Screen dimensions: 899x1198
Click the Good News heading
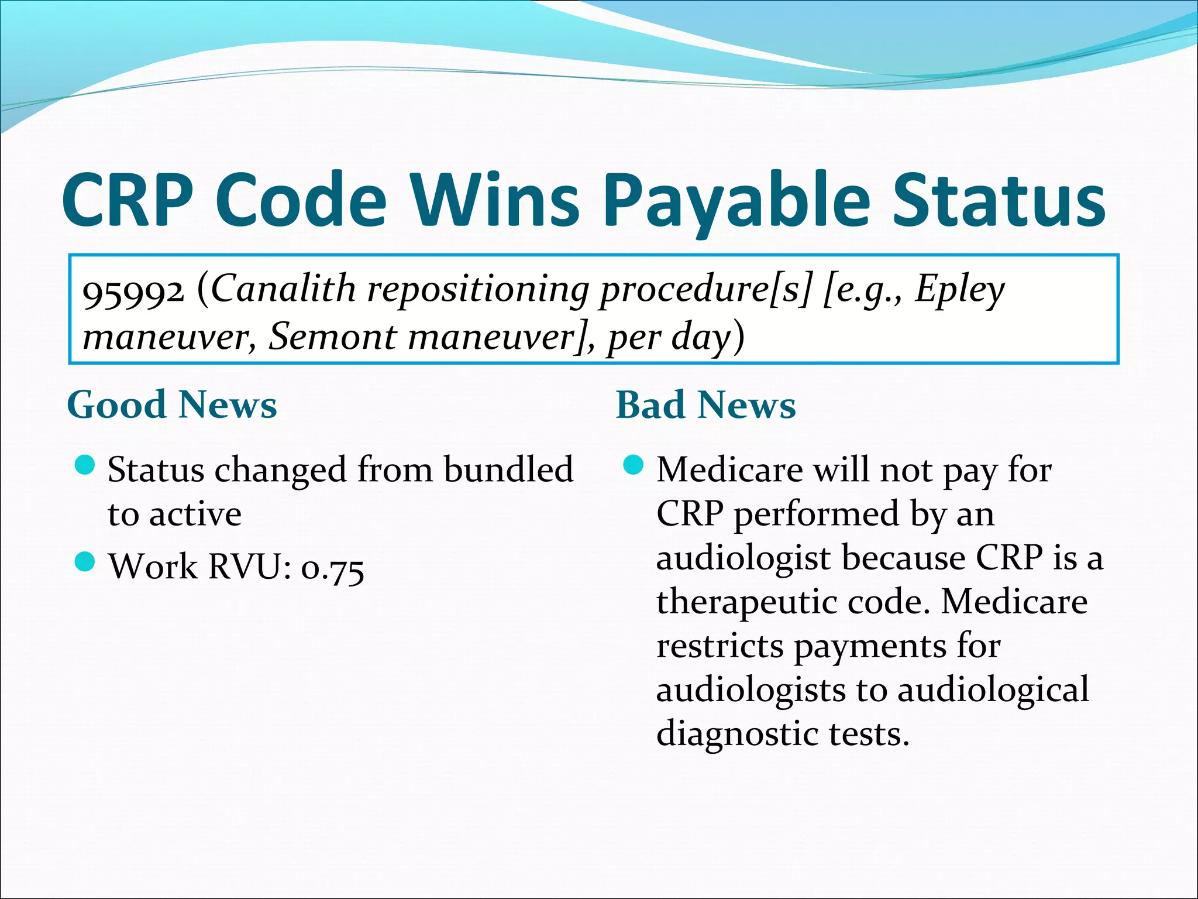tap(172, 405)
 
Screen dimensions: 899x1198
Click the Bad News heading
tap(705, 405)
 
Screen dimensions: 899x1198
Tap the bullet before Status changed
tap(85, 466)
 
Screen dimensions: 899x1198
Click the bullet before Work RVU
tap(85, 562)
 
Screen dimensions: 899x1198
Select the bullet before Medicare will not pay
tap(634, 466)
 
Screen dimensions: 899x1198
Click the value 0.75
tap(332, 568)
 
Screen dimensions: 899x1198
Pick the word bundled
tap(508, 469)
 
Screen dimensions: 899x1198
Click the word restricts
tap(720, 646)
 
